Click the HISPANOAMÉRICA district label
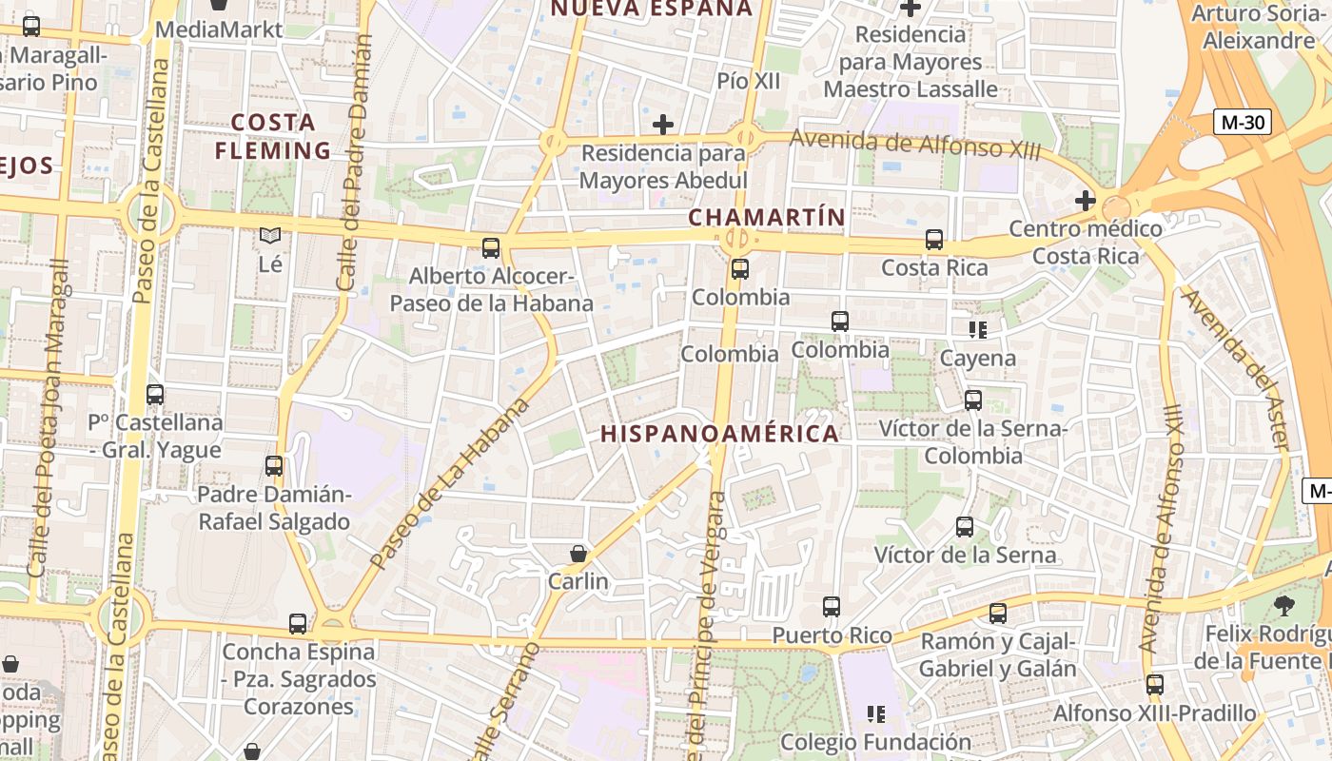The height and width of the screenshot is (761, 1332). click(719, 434)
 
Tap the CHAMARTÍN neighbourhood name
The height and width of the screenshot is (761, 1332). click(767, 217)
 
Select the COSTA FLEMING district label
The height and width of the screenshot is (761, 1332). click(273, 136)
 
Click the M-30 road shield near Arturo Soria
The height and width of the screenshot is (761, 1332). click(1244, 122)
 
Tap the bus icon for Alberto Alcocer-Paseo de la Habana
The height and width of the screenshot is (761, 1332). click(491, 248)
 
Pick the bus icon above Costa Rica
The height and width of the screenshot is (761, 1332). click(934, 240)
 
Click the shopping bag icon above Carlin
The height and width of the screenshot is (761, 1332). click(578, 553)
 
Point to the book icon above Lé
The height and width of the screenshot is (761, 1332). click(270, 234)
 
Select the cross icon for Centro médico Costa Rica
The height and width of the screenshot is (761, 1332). click(1085, 201)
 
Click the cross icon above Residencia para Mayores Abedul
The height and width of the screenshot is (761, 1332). click(663, 125)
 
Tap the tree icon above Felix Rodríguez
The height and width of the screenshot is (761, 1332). click(1283, 605)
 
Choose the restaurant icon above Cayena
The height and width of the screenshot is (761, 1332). click(978, 330)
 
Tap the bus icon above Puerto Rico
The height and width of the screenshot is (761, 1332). click(832, 606)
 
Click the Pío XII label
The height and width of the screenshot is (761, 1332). click(749, 81)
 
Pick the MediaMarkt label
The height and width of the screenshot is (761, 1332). click(219, 29)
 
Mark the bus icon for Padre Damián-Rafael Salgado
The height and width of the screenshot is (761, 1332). click(274, 466)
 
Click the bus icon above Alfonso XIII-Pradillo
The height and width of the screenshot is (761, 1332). click(1155, 684)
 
